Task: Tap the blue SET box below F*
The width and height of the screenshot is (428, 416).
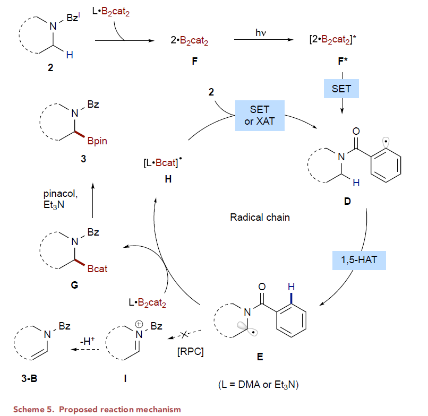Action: pyautogui.click(x=341, y=89)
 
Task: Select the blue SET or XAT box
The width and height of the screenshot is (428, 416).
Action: pyautogui.click(x=260, y=116)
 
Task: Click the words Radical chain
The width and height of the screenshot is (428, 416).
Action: pyautogui.click(x=260, y=217)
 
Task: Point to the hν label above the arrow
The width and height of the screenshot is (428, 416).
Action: pyautogui.click(x=260, y=33)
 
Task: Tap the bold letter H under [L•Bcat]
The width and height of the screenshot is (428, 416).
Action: pyautogui.click(x=168, y=180)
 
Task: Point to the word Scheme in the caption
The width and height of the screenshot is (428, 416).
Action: pyautogui.click(x=29, y=409)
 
